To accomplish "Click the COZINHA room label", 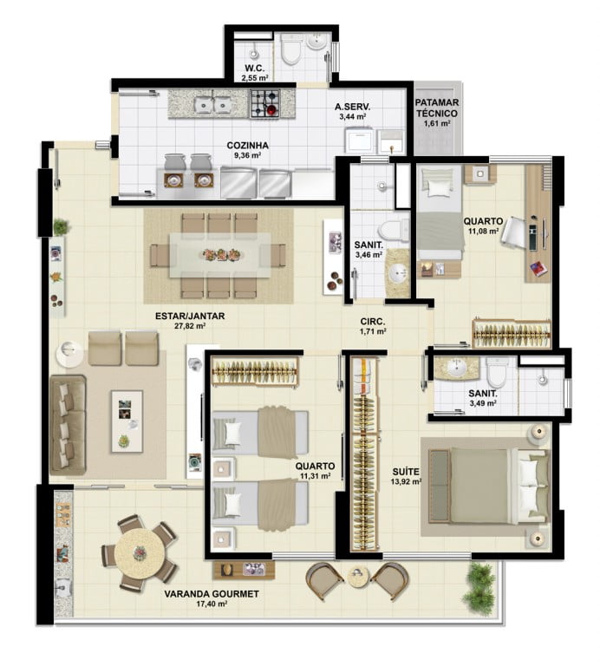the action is [248, 146].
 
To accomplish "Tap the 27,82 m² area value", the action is [190, 326].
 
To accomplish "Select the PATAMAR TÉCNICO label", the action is [437, 108].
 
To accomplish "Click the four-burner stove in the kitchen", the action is [265, 104].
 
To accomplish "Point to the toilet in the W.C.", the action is [291, 49].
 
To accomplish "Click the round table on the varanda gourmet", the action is [140, 553].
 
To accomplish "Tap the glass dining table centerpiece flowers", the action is [222, 255].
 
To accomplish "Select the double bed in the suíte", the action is [488, 486].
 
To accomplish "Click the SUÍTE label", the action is [406, 472].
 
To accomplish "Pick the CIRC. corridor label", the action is [373, 322].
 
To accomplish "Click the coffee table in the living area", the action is [127, 421].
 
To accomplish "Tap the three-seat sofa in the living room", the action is [68, 425].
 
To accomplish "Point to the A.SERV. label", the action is [352, 107].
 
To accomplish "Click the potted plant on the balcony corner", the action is [479, 584].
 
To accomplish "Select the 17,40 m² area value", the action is [212, 604].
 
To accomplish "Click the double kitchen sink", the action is [212, 105].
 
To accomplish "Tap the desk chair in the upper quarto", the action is [514, 232].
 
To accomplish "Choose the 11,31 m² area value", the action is [316, 476].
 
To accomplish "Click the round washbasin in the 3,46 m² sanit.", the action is [398, 272].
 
